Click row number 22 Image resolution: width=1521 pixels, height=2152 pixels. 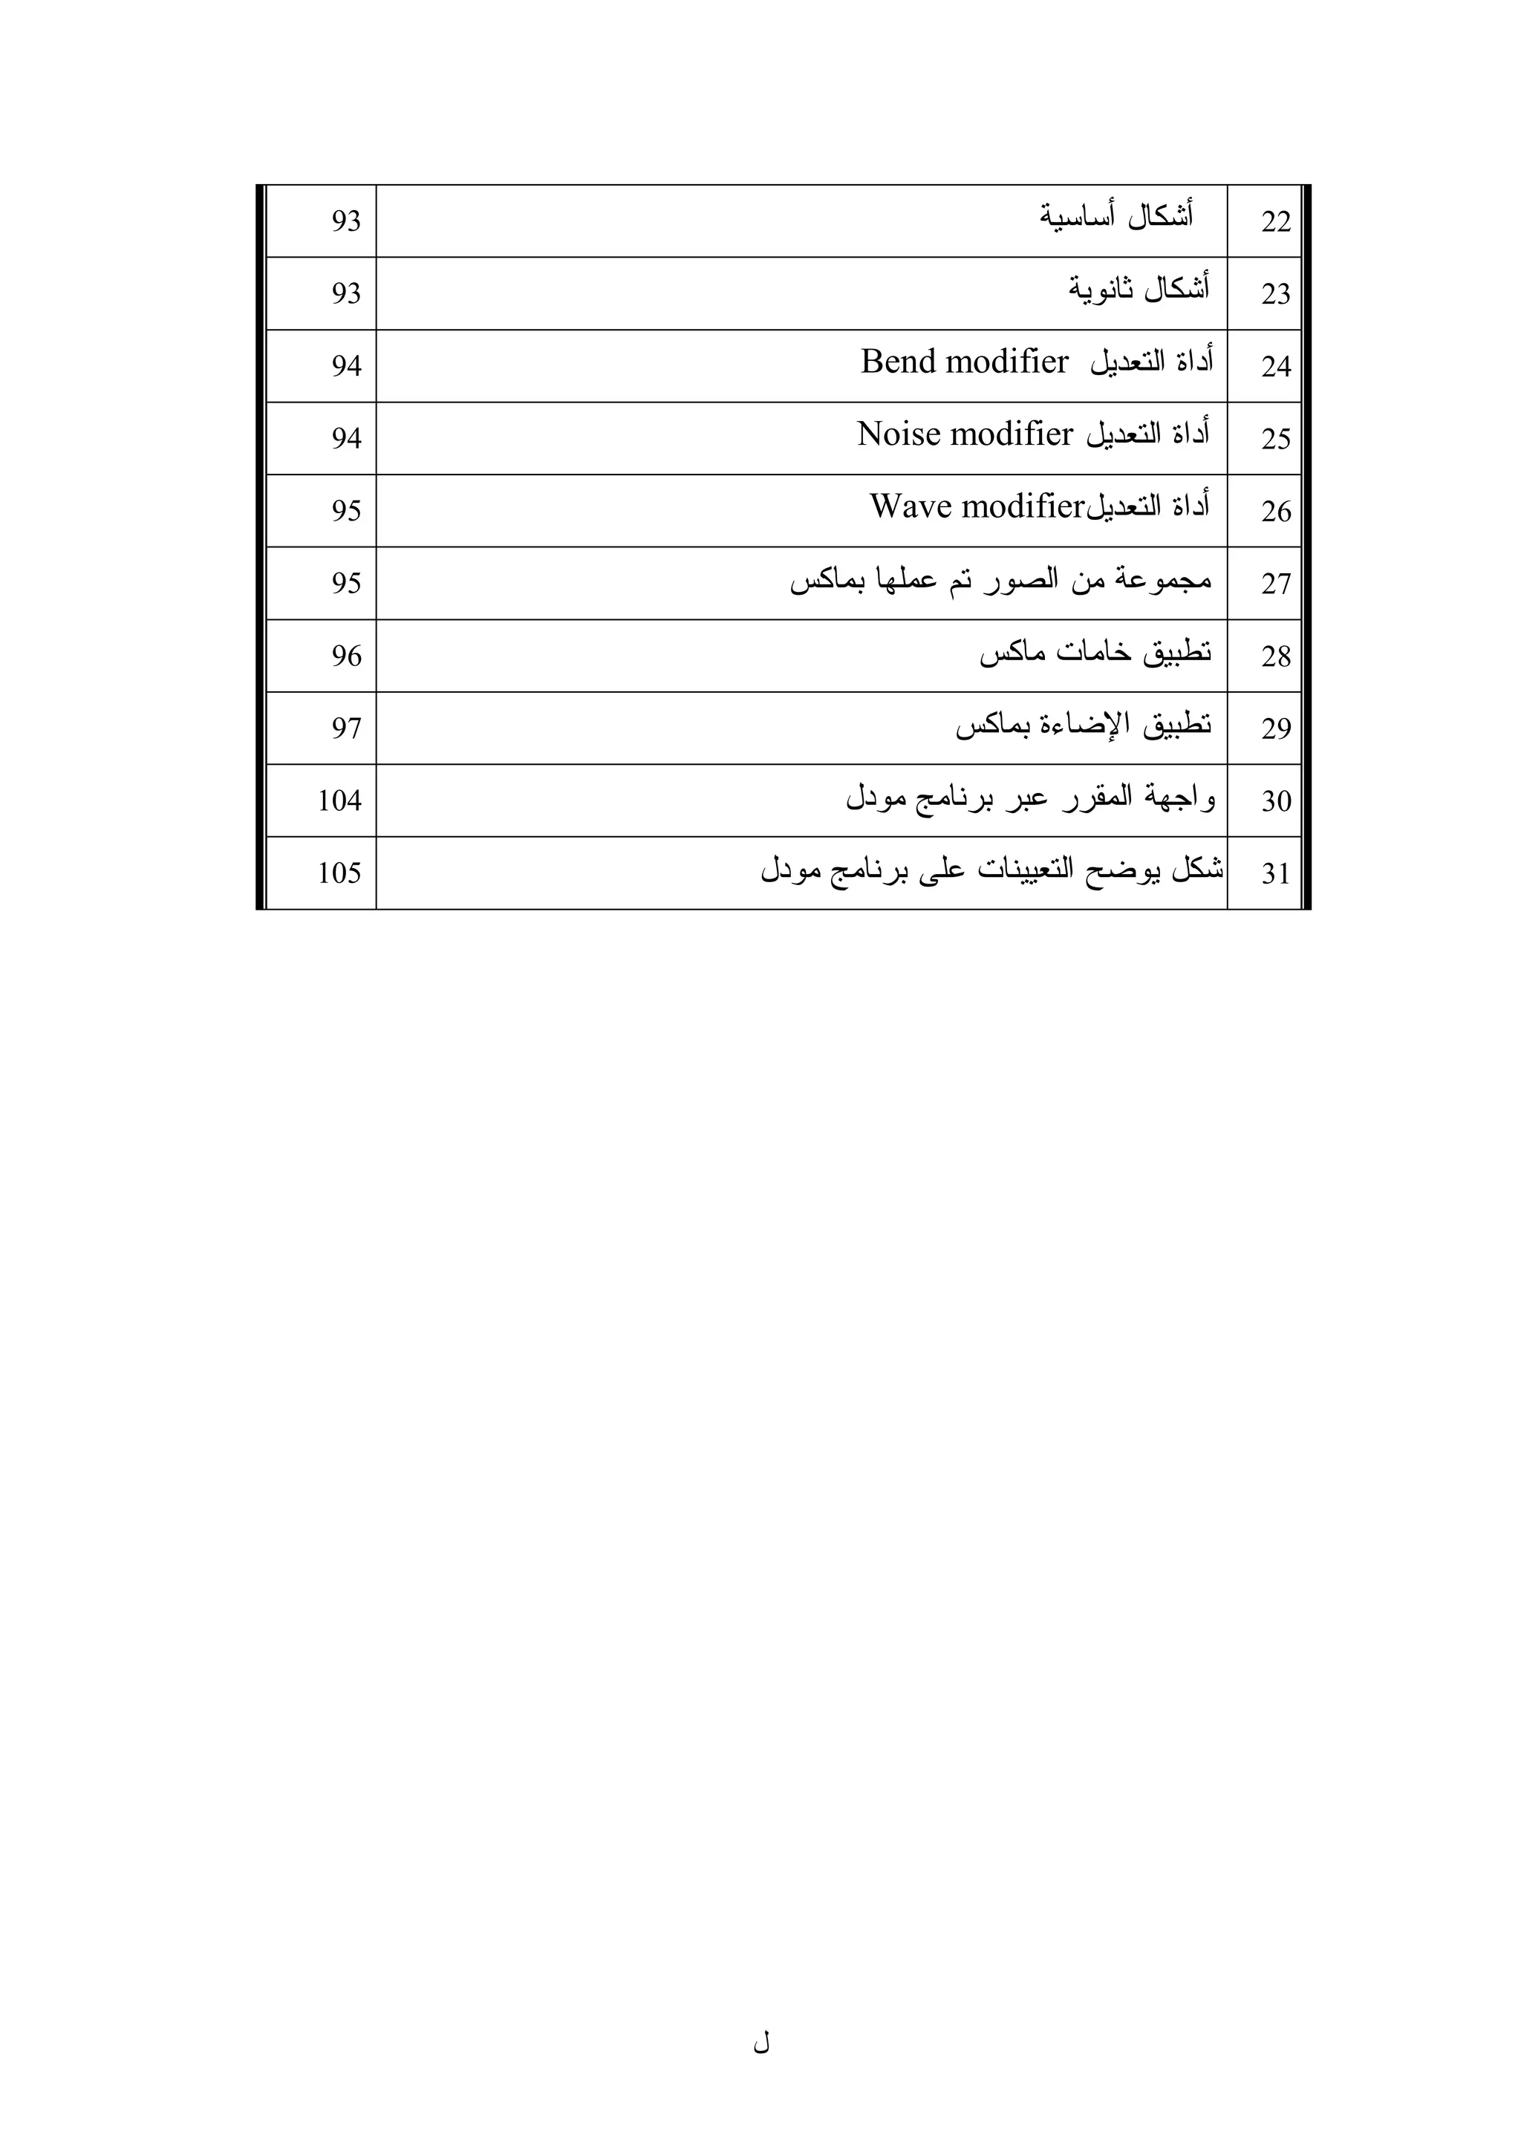point(1275,222)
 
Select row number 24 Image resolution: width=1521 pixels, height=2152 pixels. point(1275,367)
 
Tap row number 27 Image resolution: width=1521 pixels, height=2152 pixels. point(1275,584)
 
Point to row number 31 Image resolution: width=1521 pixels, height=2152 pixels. point(1275,873)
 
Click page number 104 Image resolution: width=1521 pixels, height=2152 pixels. point(339,801)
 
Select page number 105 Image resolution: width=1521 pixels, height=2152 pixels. point(339,873)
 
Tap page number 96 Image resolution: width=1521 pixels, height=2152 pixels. point(346,655)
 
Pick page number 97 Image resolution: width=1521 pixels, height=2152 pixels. point(346,728)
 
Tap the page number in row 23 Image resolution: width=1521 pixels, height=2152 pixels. point(346,293)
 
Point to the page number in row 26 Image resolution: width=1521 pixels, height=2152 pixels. point(346,511)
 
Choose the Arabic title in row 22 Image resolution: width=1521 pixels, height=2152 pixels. point(1115,218)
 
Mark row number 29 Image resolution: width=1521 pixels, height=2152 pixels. point(1275,728)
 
